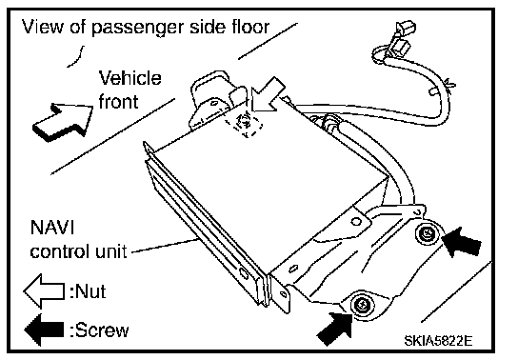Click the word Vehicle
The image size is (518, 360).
pyautogui.click(x=130, y=78)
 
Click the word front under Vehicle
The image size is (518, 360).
pyautogui.click(x=118, y=101)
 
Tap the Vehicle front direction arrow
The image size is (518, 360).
pyautogui.click(x=63, y=122)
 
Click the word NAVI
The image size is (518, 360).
pyautogui.click(x=52, y=228)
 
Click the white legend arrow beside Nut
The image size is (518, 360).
pyautogui.click(x=44, y=291)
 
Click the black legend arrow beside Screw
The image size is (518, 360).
pyautogui.click(x=44, y=330)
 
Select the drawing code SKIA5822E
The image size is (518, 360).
pyautogui.click(x=438, y=340)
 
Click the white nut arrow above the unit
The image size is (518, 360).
pyautogui.click(x=267, y=95)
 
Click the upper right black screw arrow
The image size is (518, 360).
pyautogui.click(x=462, y=242)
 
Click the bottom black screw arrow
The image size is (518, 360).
pyautogui.click(x=335, y=329)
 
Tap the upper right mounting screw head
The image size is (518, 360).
pyautogui.click(x=428, y=234)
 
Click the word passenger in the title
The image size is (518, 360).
pyautogui.click(x=137, y=28)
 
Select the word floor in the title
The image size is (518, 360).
pyautogui.click(x=250, y=27)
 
